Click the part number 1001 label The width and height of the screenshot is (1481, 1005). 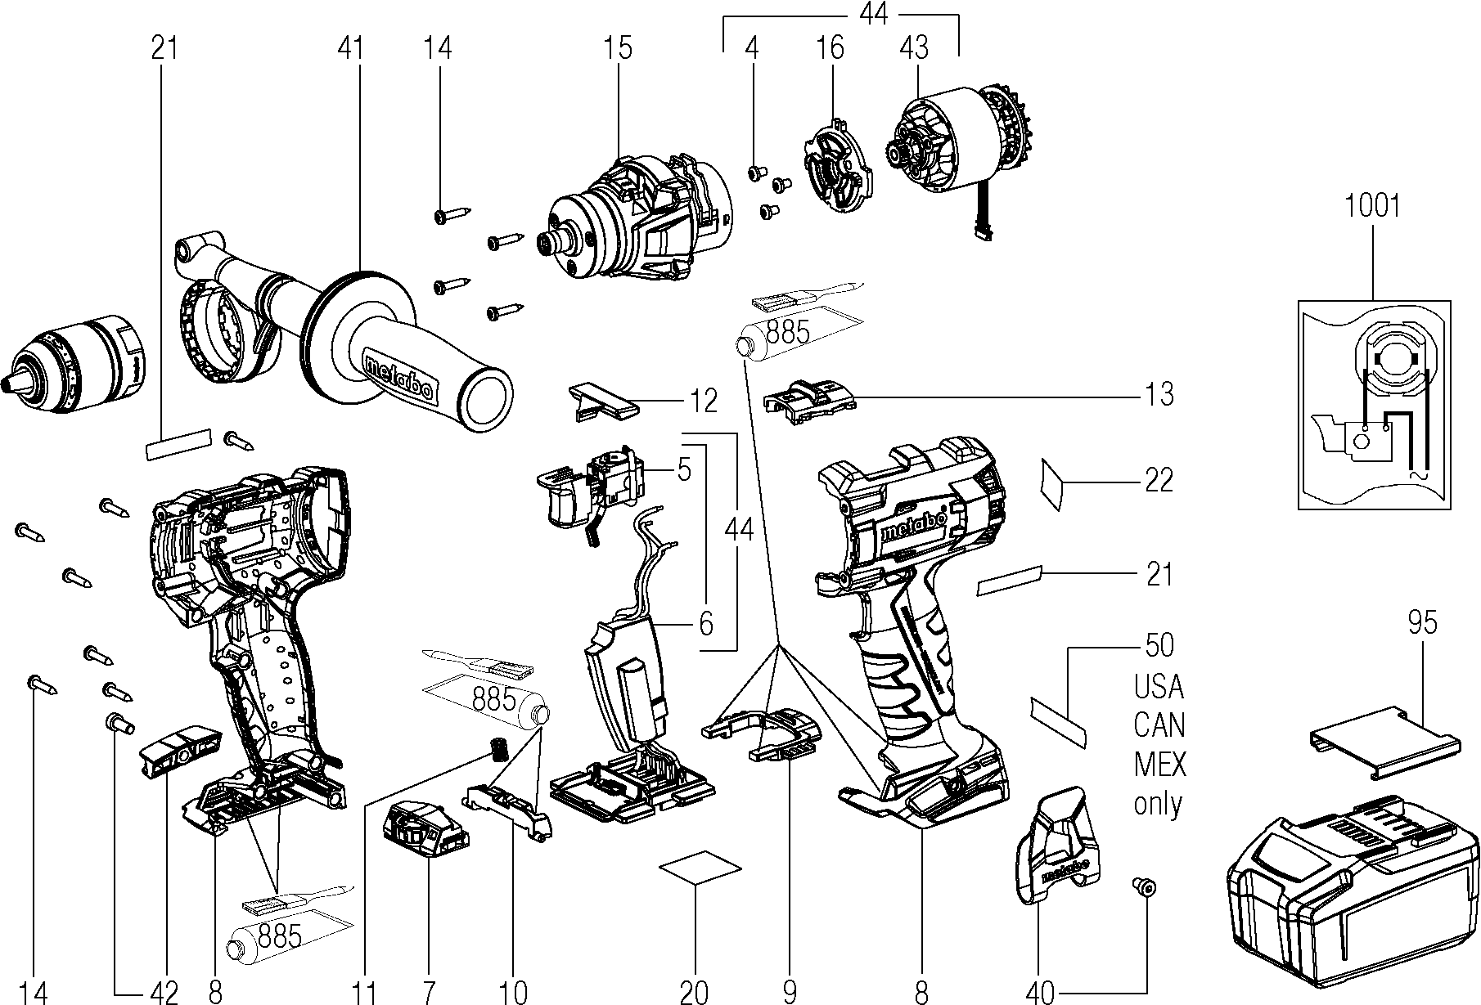[x=1372, y=206]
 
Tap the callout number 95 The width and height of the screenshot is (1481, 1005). [x=1422, y=623]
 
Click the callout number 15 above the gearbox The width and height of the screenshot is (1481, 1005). [x=619, y=48]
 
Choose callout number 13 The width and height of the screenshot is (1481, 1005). [x=1159, y=395]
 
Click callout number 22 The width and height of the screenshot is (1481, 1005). [x=1159, y=480]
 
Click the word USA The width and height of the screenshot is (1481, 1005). [x=1159, y=687]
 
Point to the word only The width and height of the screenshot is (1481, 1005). [x=1159, y=805]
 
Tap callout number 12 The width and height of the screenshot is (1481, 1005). [x=703, y=401]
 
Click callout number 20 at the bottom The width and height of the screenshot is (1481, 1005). [x=694, y=992]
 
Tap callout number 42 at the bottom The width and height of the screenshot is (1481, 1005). [x=164, y=992]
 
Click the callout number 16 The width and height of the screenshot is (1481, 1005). [x=830, y=48]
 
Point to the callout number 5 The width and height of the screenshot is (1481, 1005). [x=684, y=470]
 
